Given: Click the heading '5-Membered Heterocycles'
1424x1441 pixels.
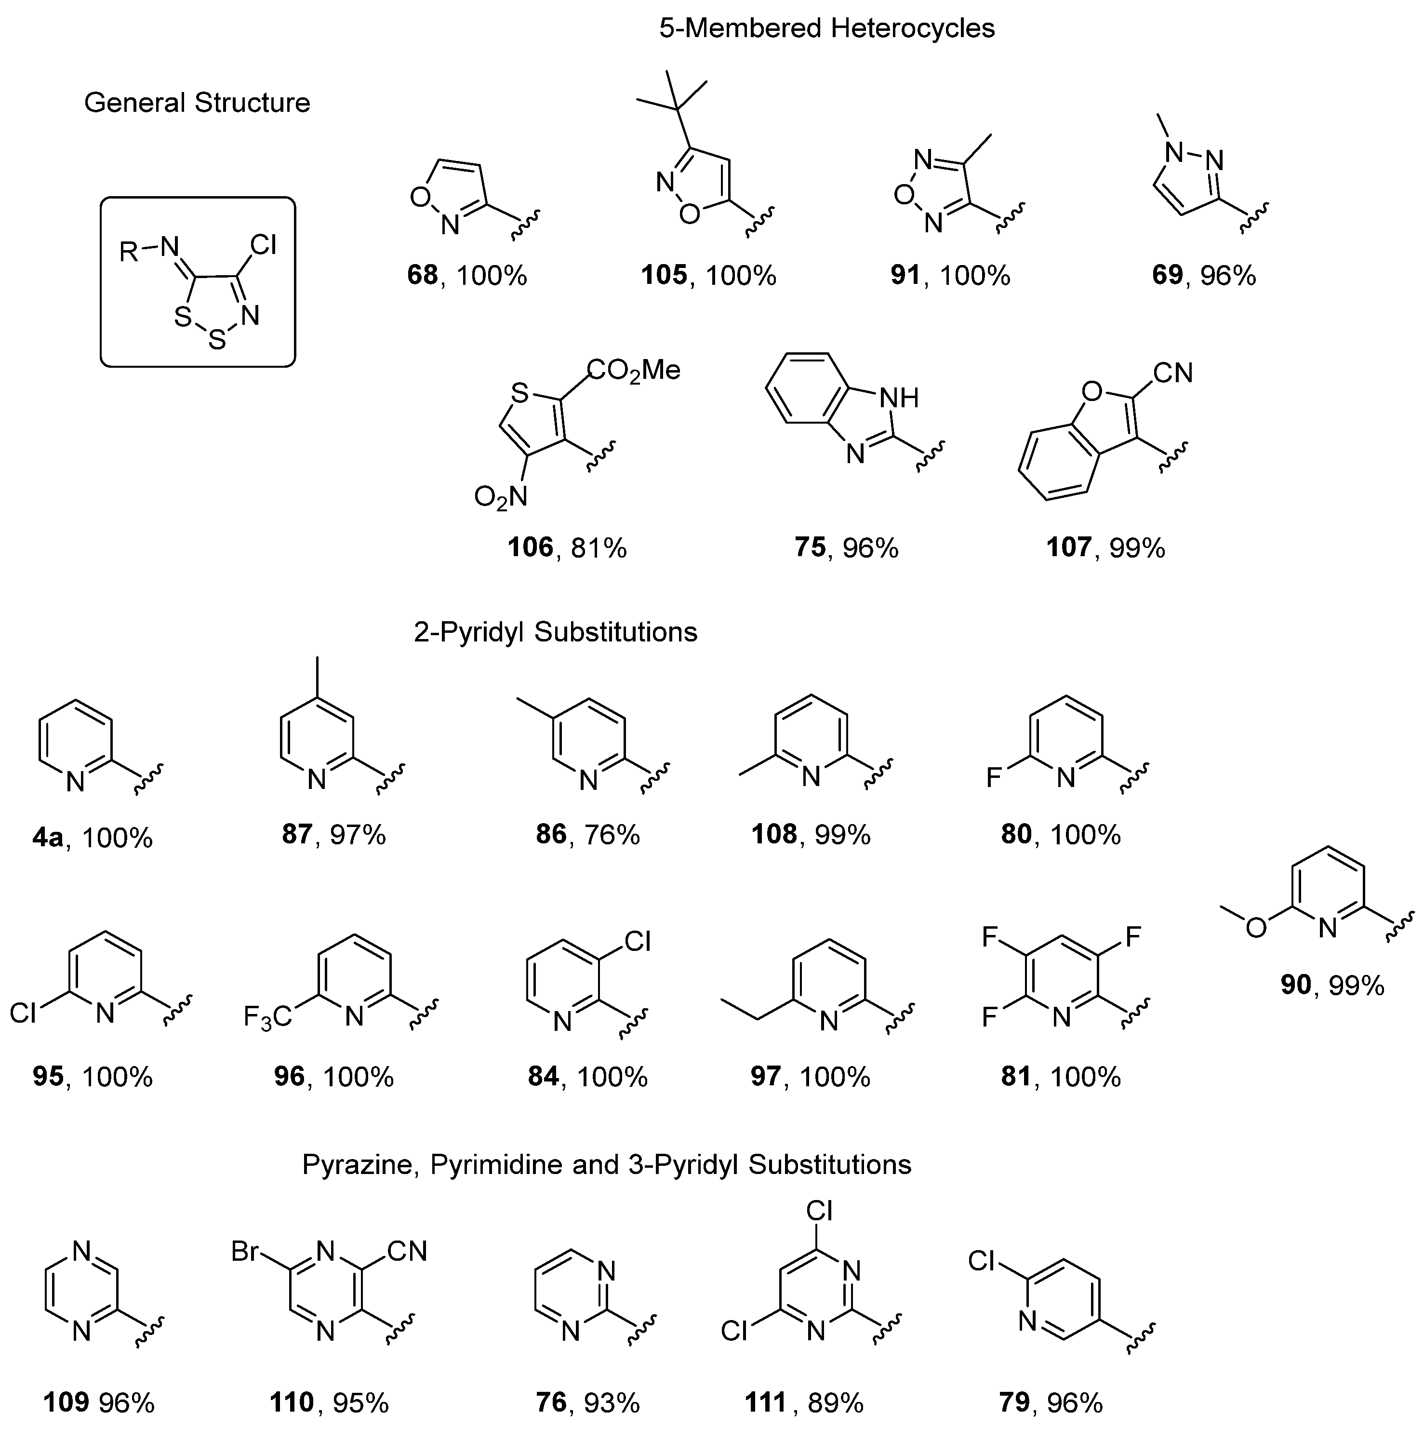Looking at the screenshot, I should (x=826, y=29).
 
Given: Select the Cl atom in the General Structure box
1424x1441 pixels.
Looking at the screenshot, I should (x=263, y=245).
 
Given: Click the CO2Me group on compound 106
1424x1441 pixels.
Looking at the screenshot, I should (x=634, y=370).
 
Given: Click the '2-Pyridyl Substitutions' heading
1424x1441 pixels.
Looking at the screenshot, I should (x=555, y=632).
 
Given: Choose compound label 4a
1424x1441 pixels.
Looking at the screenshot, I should (x=48, y=839).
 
